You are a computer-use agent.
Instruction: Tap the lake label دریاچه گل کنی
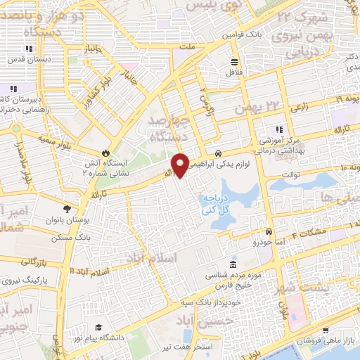coord(226,205)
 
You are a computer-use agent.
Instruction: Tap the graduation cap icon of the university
coord(98,328)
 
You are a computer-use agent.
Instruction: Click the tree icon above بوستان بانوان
coord(67,209)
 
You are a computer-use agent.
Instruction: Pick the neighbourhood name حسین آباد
coord(186,324)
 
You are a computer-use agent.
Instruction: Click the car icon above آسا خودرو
coord(268,231)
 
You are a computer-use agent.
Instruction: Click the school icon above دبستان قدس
coord(28,49)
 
